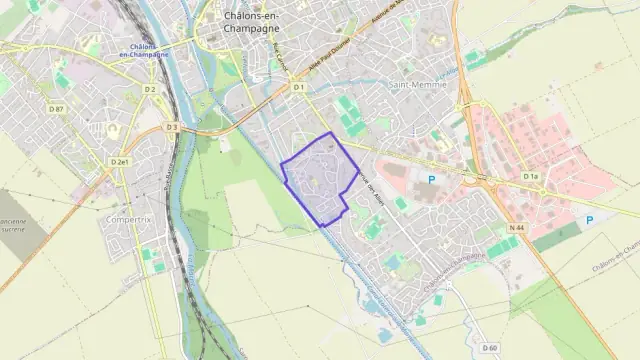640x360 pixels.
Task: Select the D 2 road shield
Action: (149, 90)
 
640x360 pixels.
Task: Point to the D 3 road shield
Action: (171, 127)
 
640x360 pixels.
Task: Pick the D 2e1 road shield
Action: (120, 161)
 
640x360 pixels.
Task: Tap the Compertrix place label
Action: (127, 217)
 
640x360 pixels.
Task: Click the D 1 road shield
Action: (298, 88)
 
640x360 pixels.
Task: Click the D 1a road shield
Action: (531, 176)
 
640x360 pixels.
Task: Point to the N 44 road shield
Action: (516, 228)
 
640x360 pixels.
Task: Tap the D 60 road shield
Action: (489, 348)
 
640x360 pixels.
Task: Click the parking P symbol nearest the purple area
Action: (432, 180)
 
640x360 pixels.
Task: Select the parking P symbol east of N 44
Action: (589, 219)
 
